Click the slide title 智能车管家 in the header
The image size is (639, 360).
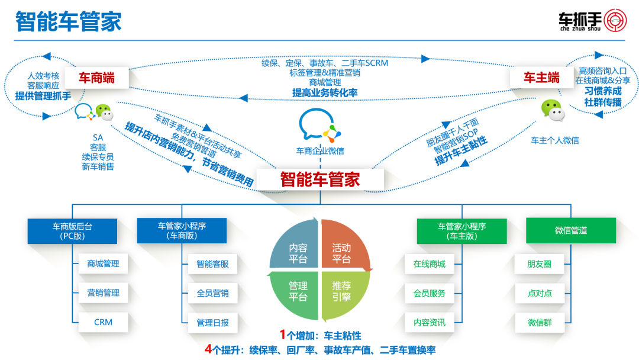click(68, 22)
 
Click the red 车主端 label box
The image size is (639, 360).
click(541, 78)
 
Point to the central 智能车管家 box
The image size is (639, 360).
click(320, 179)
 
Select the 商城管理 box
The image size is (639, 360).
click(103, 263)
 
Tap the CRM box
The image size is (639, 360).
click(103, 322)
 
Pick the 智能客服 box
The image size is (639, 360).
click(212, 263)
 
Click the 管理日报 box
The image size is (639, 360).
click(212, 323)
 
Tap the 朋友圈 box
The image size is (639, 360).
click(539, 263)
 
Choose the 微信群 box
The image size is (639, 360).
click(539, 323)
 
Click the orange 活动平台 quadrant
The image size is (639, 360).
click(343, 251)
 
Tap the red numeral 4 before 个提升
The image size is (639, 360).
click(208, 349)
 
